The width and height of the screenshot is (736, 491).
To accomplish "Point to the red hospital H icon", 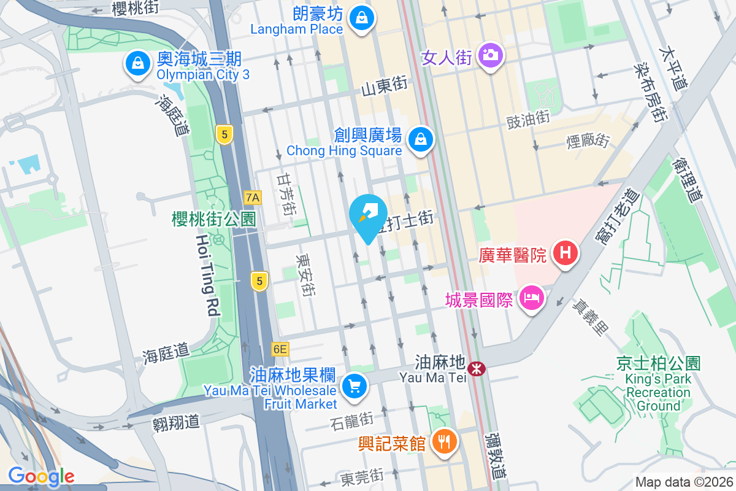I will [x=565, y=253].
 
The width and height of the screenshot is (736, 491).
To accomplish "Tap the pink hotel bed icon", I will [x=531, y=300].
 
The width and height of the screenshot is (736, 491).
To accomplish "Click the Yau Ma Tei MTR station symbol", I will [x=476, y=369].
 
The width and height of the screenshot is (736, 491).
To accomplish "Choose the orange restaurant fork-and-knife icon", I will [x=442, y=441].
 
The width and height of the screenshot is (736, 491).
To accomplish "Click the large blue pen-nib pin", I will [x=368, y=216].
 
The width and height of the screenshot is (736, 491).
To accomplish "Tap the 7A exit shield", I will [x=253, y=198].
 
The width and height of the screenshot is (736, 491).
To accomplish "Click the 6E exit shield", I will [x=280, y=349].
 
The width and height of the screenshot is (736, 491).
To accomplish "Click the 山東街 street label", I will [x=385, y=87].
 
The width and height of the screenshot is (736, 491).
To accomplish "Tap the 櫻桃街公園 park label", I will [x=213, y=219].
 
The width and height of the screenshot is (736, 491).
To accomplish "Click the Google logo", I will [x=42, y=476].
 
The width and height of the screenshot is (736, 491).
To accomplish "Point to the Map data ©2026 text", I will [x=683, y=482].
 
